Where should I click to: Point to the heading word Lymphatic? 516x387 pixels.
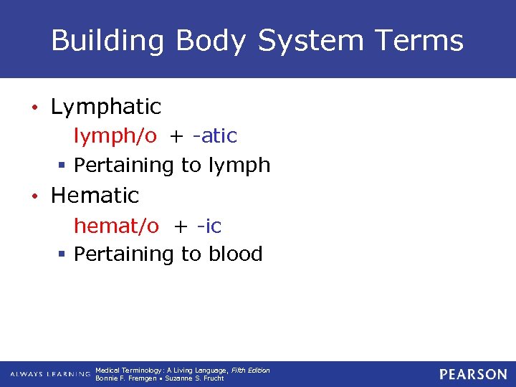[x=106, y=107]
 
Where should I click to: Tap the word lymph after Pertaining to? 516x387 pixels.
[x=239, y=166]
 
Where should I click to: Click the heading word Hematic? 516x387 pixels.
[x=95, y=195]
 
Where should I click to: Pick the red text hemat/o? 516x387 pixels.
[x=117, y=226]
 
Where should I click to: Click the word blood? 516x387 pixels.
[x=236, y=254]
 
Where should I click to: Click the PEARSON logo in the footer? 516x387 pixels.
[x=473, y=374]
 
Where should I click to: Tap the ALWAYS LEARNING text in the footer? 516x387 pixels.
[x=50, y=374]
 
